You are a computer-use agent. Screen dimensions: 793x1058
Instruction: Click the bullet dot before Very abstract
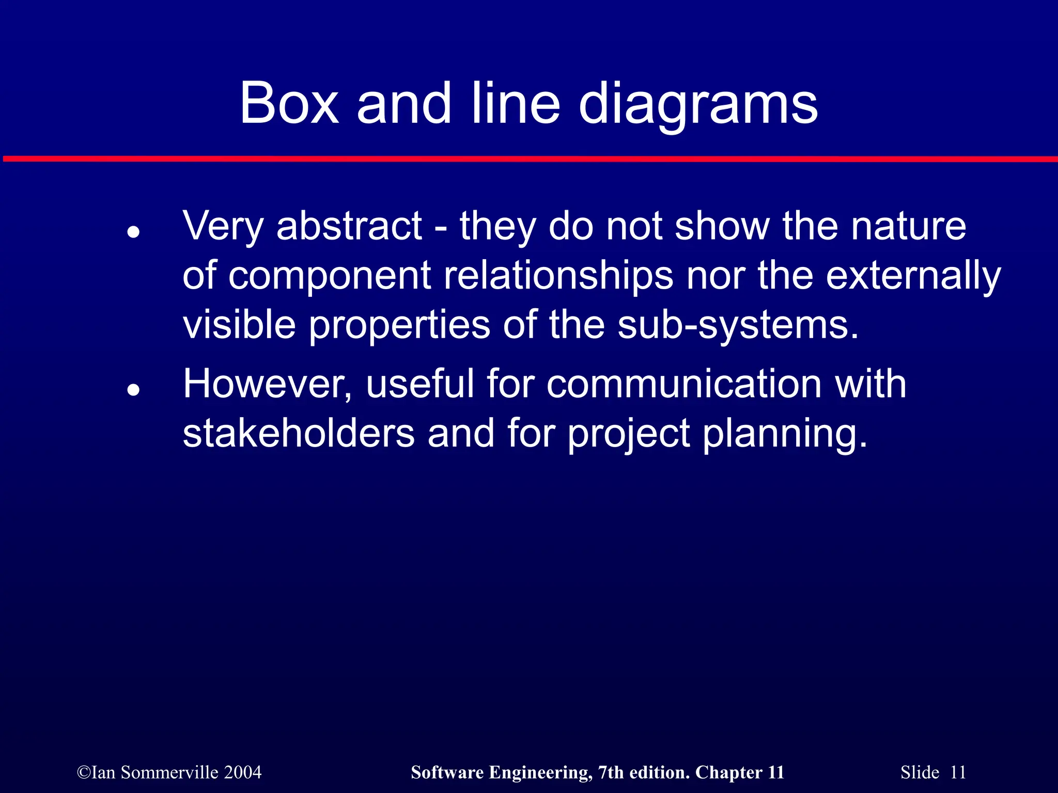(134, 232)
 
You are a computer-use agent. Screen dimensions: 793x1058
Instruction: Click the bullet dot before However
(134, 390)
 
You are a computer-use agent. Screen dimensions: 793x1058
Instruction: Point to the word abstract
(349, 226)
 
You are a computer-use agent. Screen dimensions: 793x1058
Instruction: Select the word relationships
(558, 275)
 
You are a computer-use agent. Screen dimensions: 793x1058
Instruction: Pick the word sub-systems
(738, 325)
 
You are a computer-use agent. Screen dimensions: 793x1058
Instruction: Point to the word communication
(683, 384)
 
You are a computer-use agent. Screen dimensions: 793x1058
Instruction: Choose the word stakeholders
(299, 434)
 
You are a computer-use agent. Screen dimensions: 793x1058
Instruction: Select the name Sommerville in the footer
(169, 772)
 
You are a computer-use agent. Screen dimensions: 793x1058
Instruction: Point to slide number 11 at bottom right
(958, 772)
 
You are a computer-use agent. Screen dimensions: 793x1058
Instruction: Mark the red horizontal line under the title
(529, 159)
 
